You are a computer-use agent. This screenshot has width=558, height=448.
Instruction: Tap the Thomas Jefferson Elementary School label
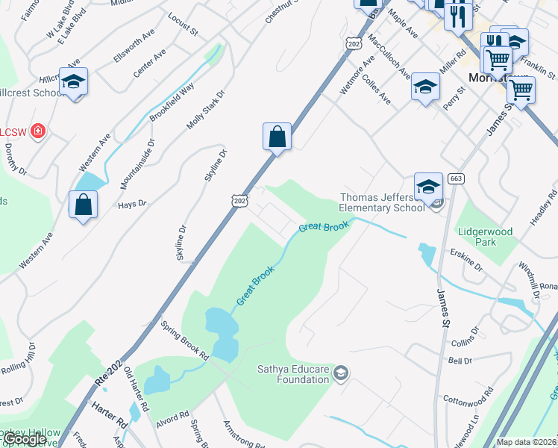pos(381,202)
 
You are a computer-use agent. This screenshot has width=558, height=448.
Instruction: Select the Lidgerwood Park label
pos(486,237)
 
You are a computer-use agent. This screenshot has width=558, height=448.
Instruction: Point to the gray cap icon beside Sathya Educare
pos(341,373)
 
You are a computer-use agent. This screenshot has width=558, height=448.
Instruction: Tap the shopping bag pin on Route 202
pos(277,137)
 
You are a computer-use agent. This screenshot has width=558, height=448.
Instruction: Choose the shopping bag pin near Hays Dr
pos(83,205)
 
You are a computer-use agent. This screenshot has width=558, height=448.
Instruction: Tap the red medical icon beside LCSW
pos(38,132)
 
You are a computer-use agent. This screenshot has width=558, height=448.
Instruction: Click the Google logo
pos(25,439)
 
